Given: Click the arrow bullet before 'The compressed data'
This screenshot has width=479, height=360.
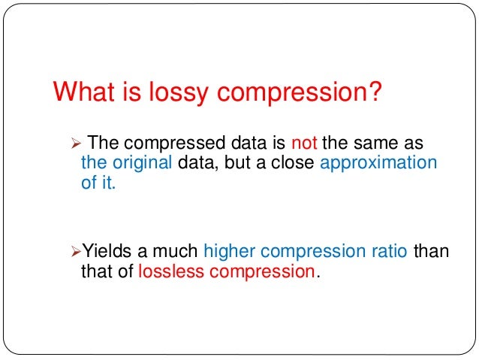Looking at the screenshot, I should (x=74, y=144).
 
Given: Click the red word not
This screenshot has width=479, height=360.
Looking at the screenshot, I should (x=304, y=143).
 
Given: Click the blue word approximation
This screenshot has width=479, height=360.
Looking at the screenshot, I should (x=378, y=164).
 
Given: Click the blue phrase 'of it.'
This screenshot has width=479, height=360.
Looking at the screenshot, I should (x=98, y=183).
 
